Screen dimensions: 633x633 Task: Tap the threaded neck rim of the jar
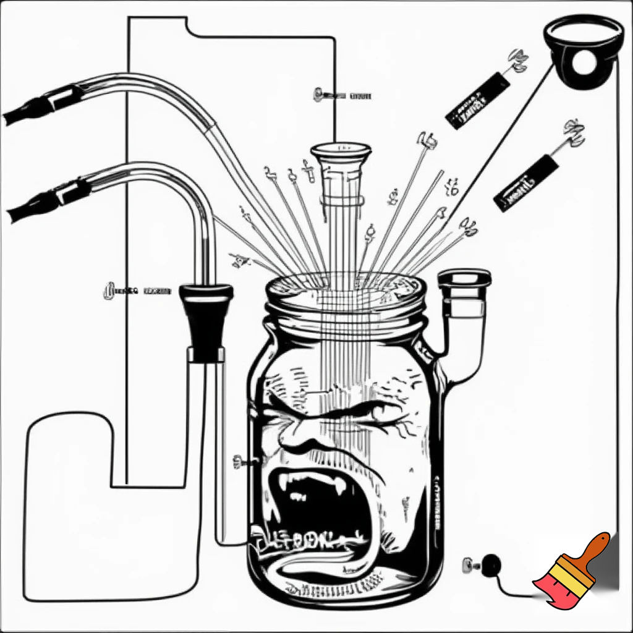[346, 309]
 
